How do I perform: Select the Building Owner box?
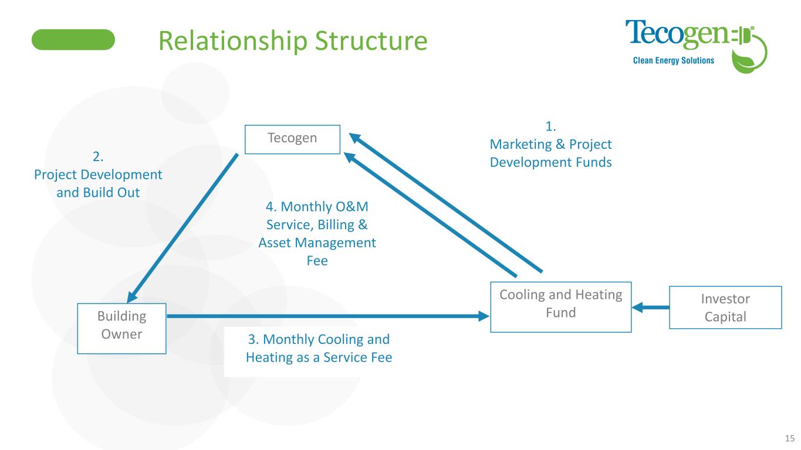coord(121,328)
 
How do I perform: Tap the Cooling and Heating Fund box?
coord(560,306)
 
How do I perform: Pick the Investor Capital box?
coord(725,307)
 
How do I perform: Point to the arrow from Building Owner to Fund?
coord(329,316)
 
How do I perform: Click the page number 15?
coord(789,438)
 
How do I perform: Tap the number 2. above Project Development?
coord(98,156)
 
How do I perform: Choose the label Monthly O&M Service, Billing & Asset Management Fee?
coord(317,234)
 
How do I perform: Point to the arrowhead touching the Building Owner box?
coord(133,296)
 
